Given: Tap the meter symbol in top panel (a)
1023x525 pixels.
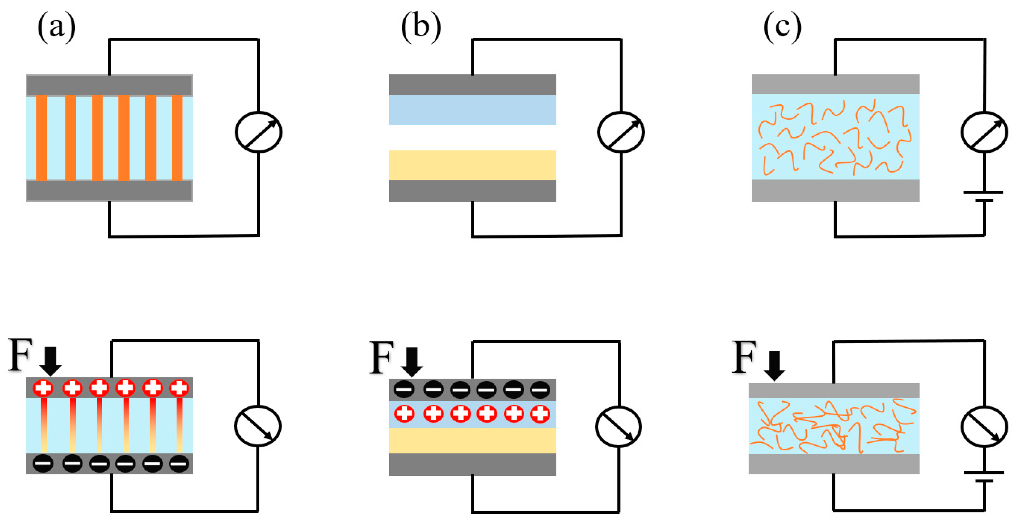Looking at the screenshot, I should (x=258, y=132).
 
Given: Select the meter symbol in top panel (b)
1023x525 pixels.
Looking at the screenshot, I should (x=621, y=132).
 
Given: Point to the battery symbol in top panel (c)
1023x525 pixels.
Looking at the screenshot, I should (x=984, y=196).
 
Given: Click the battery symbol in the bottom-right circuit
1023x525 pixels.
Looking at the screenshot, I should (x=984, y=477).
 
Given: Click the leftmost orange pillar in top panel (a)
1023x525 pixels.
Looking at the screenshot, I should (x=41, y=138).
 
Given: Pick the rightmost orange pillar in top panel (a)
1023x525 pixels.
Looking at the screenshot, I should (x=177, y=138).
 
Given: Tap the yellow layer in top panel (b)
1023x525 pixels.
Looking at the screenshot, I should (x=472, y=165).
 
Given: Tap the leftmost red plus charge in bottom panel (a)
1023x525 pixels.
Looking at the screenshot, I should (x=43, y=387).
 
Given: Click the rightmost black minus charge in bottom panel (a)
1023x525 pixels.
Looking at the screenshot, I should (x=179, y=463).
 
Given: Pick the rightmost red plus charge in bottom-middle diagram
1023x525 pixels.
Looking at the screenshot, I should (x=540, y=414).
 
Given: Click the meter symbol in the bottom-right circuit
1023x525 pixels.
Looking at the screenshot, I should (x=984, y=426).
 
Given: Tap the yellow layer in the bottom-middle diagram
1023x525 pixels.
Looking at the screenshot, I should (x=472, y=440).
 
